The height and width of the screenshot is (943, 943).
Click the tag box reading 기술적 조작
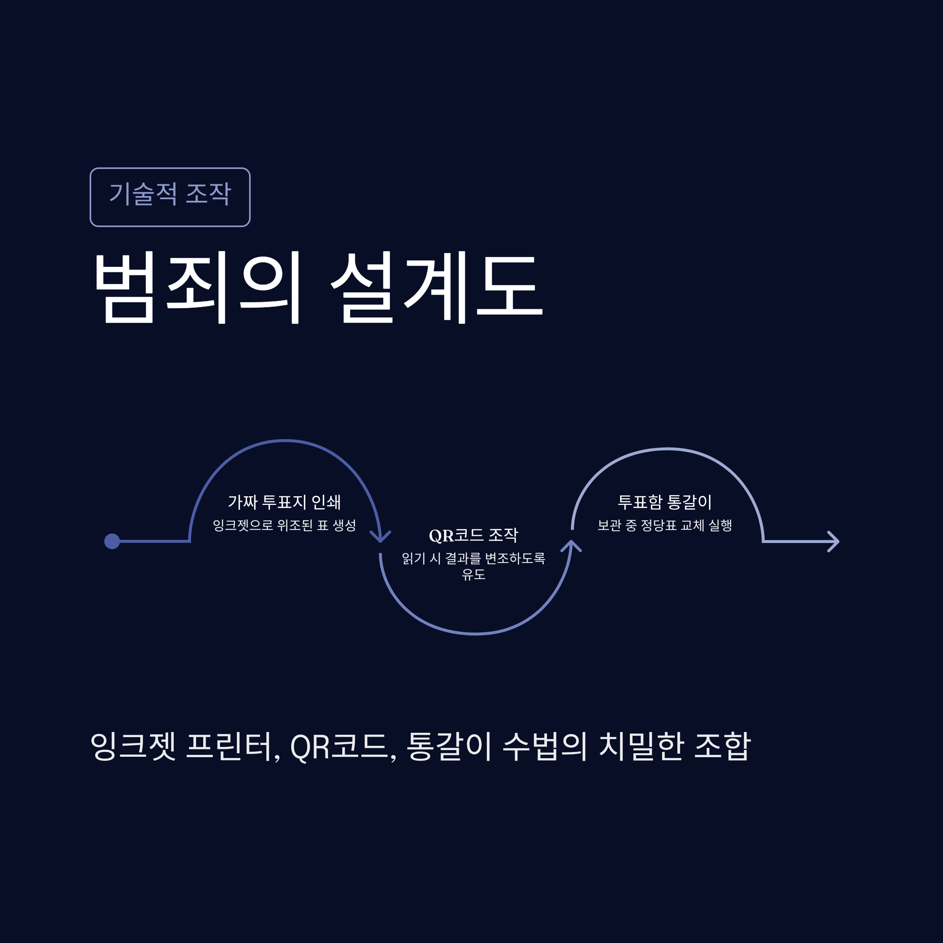tap(170, 197)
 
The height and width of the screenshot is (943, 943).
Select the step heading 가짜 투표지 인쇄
tap(284, 502)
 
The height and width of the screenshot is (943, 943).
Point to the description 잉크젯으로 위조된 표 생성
tap(284, 525)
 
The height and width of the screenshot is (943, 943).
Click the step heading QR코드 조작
tap(473, 535)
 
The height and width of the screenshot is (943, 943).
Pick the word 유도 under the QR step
tap(473, 574)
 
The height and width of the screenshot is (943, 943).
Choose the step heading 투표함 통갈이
tap(665, 502)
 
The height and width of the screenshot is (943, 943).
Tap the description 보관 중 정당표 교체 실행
tap(665, 525)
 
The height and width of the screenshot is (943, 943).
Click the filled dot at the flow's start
tap(112, 541)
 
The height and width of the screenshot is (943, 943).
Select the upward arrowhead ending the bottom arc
tap(571, 546)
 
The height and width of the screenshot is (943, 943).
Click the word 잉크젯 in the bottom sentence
tap(133, 746)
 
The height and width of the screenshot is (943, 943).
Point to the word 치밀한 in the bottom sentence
tap(640, 746)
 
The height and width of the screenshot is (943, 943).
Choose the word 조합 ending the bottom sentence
tap(722, 746)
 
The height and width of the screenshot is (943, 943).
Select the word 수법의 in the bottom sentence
tap(545, 746)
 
